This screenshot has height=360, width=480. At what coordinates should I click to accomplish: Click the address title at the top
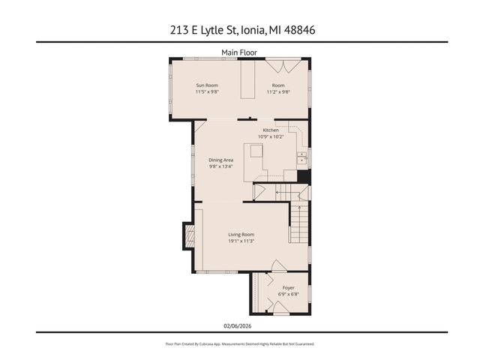240,30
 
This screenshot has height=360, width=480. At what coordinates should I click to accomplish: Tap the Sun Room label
207,85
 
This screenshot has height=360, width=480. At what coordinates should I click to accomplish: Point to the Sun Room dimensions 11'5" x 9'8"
207,92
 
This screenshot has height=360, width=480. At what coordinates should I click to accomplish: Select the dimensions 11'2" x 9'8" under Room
280,92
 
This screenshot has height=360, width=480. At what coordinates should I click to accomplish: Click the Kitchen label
270,130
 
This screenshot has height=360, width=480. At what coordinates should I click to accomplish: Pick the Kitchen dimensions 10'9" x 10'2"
270,136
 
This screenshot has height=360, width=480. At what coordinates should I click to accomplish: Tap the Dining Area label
221,160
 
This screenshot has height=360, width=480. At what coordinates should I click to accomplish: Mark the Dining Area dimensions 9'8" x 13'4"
221,166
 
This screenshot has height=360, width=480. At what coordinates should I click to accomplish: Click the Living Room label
241,234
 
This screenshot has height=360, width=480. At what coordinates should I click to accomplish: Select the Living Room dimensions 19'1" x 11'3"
241,241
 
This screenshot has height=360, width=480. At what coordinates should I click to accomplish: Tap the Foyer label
288,287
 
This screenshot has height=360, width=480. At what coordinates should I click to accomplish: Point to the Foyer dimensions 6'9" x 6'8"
288,294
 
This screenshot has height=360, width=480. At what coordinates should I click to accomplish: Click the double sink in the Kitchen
301,157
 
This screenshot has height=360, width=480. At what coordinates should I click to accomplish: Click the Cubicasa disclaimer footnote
240,343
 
